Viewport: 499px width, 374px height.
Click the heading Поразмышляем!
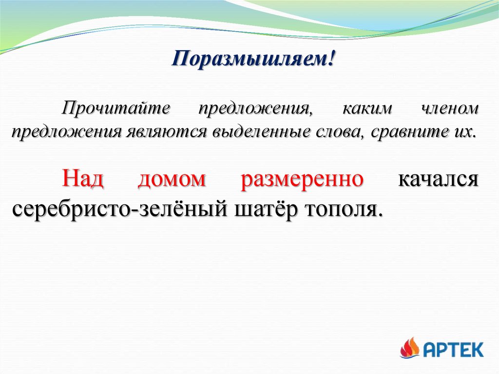click(253, 59)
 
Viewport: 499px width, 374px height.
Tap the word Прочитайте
click(116, 108)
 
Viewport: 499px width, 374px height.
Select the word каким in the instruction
click(367, 108)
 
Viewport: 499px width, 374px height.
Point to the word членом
click(450, 108)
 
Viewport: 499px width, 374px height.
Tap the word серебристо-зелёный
click(120, 210)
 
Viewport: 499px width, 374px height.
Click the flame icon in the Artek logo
click(410, 348)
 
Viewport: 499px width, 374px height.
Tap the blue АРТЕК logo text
click(454, 350)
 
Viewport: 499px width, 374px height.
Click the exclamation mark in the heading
click(331, 58)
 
